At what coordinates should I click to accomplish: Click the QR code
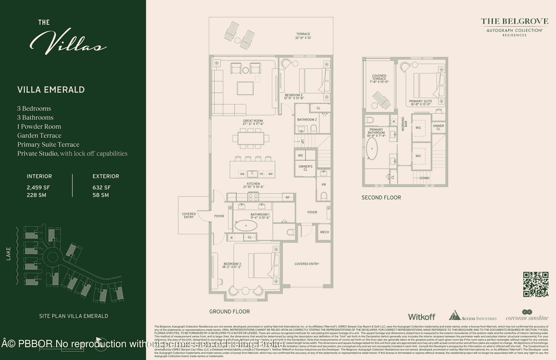[x=535, y=284]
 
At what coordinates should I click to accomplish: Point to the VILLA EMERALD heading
[x=51, y=90]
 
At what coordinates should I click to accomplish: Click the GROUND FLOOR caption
[x=229, y=312]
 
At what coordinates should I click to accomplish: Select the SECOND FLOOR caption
[x=381, y=197]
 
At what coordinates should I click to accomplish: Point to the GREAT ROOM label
[x=253, y=123]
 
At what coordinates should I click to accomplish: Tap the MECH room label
[x=324, y=232]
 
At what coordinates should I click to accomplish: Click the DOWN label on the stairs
[x=424, y=178]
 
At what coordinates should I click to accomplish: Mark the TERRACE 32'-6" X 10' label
[x=303, y=36]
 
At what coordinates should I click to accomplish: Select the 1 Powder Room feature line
[x=39, y=127]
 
